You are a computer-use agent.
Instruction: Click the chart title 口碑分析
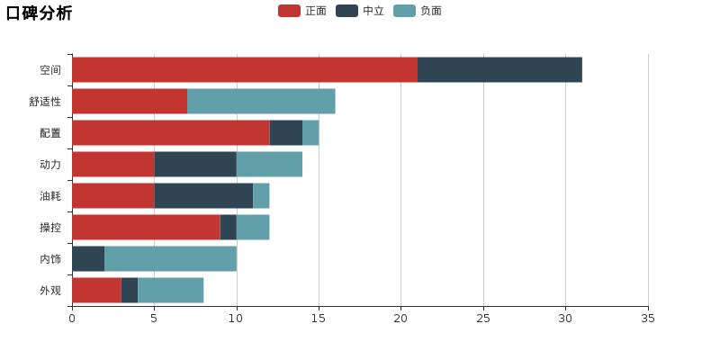39,13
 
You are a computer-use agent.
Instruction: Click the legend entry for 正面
303,11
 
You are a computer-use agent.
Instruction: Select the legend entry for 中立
361,11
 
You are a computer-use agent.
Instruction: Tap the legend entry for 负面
418,11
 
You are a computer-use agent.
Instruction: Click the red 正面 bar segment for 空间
244,69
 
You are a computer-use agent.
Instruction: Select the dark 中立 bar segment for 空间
499,69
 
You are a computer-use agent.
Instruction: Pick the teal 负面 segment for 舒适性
261,101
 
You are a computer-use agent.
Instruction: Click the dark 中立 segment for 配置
285,132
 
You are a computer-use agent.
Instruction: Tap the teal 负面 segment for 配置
310,132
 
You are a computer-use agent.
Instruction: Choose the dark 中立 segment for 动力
195,164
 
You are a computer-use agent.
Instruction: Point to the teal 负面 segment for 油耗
261,195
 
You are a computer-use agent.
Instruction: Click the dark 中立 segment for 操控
228,227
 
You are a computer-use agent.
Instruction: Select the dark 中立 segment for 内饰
88,258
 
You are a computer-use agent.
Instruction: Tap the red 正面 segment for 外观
96,290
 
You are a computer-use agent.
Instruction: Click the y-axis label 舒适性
45,102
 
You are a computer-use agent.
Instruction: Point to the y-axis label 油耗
50,196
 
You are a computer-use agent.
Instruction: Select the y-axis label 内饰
50,259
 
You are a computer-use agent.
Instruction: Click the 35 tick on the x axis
648,318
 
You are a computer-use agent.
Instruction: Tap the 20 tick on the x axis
401,318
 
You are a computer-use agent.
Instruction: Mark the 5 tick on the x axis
154,318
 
